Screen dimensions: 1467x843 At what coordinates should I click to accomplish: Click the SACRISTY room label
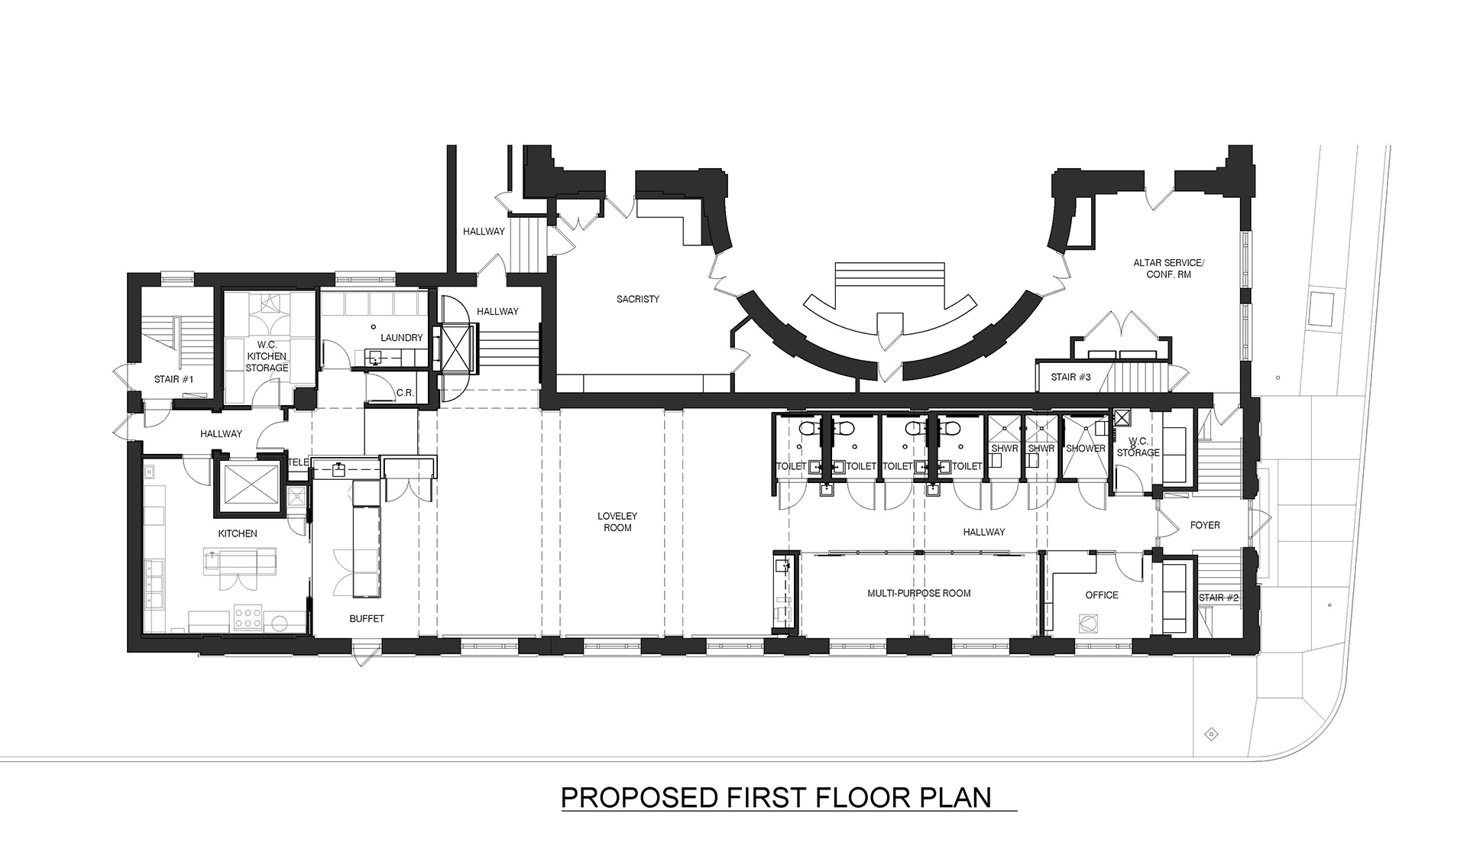pyautogui.click(x=638, y=299)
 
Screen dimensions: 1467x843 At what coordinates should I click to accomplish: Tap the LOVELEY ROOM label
pyautogui.click(x=617, y=521)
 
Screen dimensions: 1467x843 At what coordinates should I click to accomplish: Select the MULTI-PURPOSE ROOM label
pyautogui.click(x=919, y=593)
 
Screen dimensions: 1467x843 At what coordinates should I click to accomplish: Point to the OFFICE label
pyautogui.click(x=1102, y=595)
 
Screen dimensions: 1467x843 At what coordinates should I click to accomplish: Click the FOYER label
pyautogui.click(x=1205, y=525)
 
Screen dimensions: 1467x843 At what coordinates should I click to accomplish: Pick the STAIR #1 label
pyautogui.click(x=174, y=379)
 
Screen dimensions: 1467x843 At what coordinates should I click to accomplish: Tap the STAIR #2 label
pyautogui.click(x=1219, y=598)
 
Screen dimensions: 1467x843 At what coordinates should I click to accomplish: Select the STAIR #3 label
pyautogui.click(x=1071, y=377)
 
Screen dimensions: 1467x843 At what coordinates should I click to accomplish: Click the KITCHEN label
pyautogui.click(x=238, y=533)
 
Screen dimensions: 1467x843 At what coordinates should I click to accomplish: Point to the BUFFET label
pyautogui.click(x=367, y=618)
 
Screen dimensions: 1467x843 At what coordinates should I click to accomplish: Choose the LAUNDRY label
pyautogui.click(x=402, y=337)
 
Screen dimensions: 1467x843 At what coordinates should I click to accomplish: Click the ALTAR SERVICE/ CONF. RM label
pyautogui.click(x=1168, y=268)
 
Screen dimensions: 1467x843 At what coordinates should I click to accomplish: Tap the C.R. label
pyautogui.click(x=405, y=393)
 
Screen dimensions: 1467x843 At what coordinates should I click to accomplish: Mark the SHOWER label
pyautogui.click(x=1086, y=449)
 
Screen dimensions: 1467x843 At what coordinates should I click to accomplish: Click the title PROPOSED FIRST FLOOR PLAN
pyautogui.click(x=776, y=796)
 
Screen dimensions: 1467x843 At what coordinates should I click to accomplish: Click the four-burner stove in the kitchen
pyautogui.click(x=249, y=618)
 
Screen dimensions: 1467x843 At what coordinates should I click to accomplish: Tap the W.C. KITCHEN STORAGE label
pyautogui.click(x=267, y=356)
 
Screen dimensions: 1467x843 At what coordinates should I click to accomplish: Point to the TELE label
pyautogui.click(x=298, y=462)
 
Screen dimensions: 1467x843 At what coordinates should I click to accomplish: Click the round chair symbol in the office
pyautogui.click(x=1086, y=623)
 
